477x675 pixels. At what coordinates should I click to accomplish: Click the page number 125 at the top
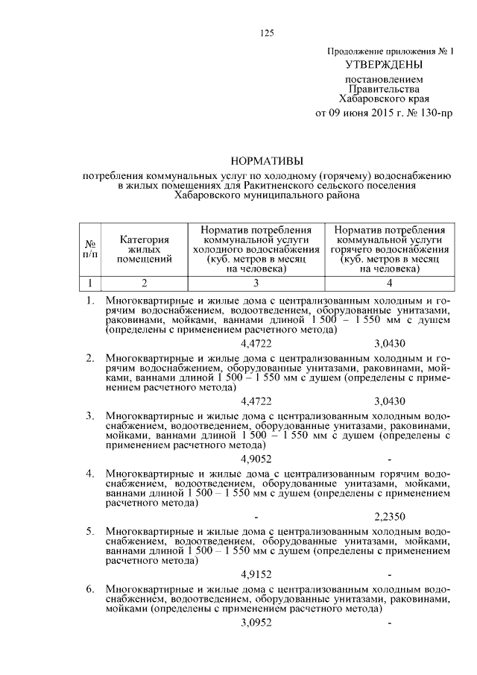click(x=268, y=31)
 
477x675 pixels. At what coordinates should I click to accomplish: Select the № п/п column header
click(x=89, y=248)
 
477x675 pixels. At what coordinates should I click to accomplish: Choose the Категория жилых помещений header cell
click(x=145, y=248)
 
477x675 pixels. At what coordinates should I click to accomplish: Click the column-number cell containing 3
click(x=256, y=283)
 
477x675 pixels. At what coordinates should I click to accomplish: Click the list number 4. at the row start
click(x=89, y=473)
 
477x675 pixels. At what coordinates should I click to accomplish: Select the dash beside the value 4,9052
click(x=389, y=459)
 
